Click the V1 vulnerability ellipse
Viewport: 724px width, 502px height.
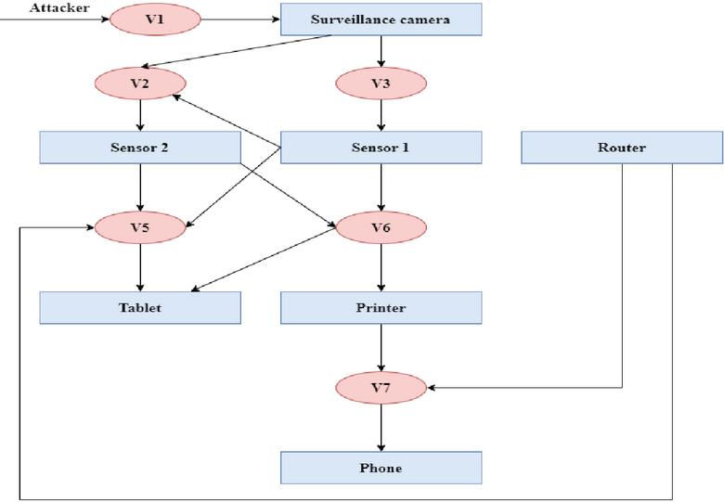155,19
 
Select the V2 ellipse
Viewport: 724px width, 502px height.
140,84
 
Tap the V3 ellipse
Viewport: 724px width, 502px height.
381,84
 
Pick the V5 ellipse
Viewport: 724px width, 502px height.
140,227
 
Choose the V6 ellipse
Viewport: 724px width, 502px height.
381,227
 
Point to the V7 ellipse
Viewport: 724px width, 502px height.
381,387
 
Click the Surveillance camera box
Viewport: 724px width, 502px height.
381,19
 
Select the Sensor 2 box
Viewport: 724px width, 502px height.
140,148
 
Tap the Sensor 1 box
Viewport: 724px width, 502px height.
381,148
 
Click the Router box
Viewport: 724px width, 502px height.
621,148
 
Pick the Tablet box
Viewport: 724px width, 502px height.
140,307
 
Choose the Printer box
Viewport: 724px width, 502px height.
381,307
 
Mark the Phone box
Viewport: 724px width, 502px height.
381,468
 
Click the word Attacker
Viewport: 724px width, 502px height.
59,7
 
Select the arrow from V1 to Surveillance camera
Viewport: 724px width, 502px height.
240,19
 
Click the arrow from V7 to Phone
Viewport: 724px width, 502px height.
381,427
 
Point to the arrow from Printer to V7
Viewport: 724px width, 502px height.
381,347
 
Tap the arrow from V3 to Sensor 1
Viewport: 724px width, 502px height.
381,115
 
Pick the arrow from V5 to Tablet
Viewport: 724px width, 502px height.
140,267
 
